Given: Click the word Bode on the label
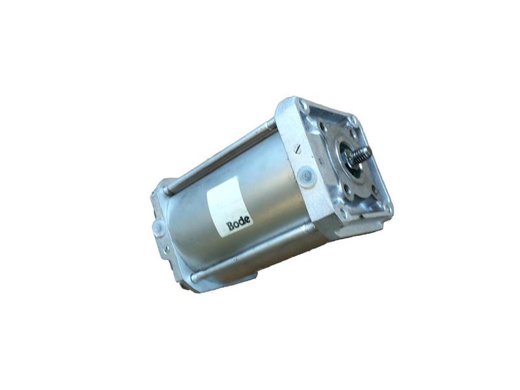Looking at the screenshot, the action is (x=239, y=224).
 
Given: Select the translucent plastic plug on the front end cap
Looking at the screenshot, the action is (x=306, y=175).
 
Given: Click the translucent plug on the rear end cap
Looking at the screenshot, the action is (x=159, y=227).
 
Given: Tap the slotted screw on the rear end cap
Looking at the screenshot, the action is (x=166, y=248).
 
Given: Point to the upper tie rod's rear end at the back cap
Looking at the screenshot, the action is (x=166, y=190).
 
